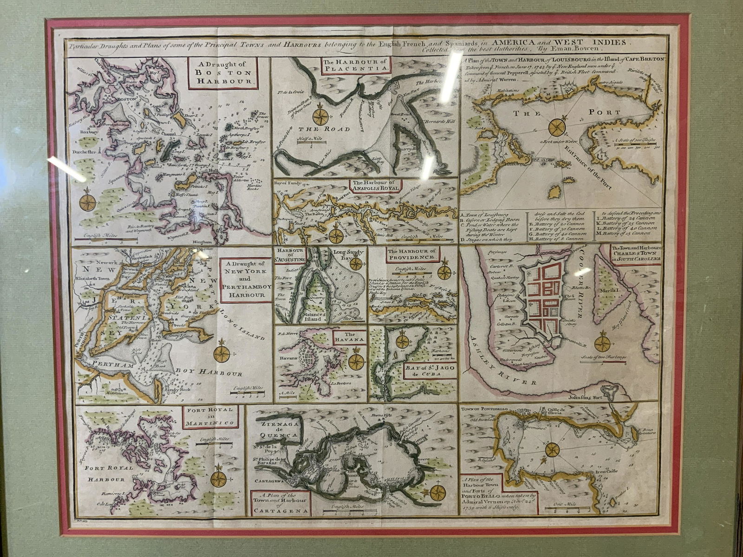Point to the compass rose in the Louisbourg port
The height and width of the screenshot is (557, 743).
556,126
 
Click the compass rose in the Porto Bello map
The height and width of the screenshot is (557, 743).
553,449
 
